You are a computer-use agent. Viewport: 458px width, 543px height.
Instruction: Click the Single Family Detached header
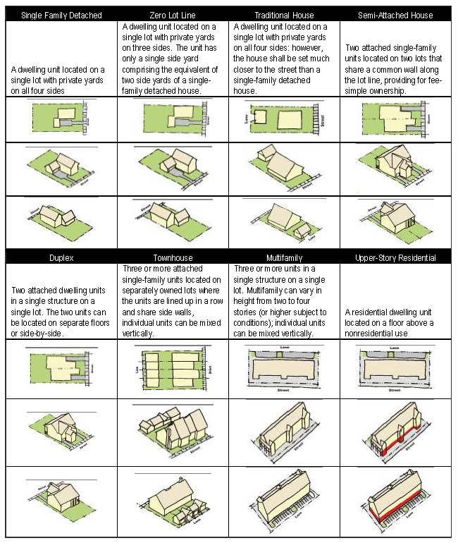(61, 15)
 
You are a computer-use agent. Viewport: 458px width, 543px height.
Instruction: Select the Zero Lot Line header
(173, 15)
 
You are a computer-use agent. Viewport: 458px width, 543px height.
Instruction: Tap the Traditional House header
(284, 15)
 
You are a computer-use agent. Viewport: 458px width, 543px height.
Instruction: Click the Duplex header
(61, 258)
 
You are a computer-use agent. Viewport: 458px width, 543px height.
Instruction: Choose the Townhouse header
(173, 258)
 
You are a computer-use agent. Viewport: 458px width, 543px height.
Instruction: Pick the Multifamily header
(284, 258)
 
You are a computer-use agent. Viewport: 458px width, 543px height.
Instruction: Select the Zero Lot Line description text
(173, 59)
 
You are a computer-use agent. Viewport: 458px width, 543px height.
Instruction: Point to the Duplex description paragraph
(61, 312)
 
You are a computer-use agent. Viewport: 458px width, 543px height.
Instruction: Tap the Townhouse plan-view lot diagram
(173, 370)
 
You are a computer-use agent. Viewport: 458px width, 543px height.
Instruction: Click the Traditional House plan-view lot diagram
(284, 119)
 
